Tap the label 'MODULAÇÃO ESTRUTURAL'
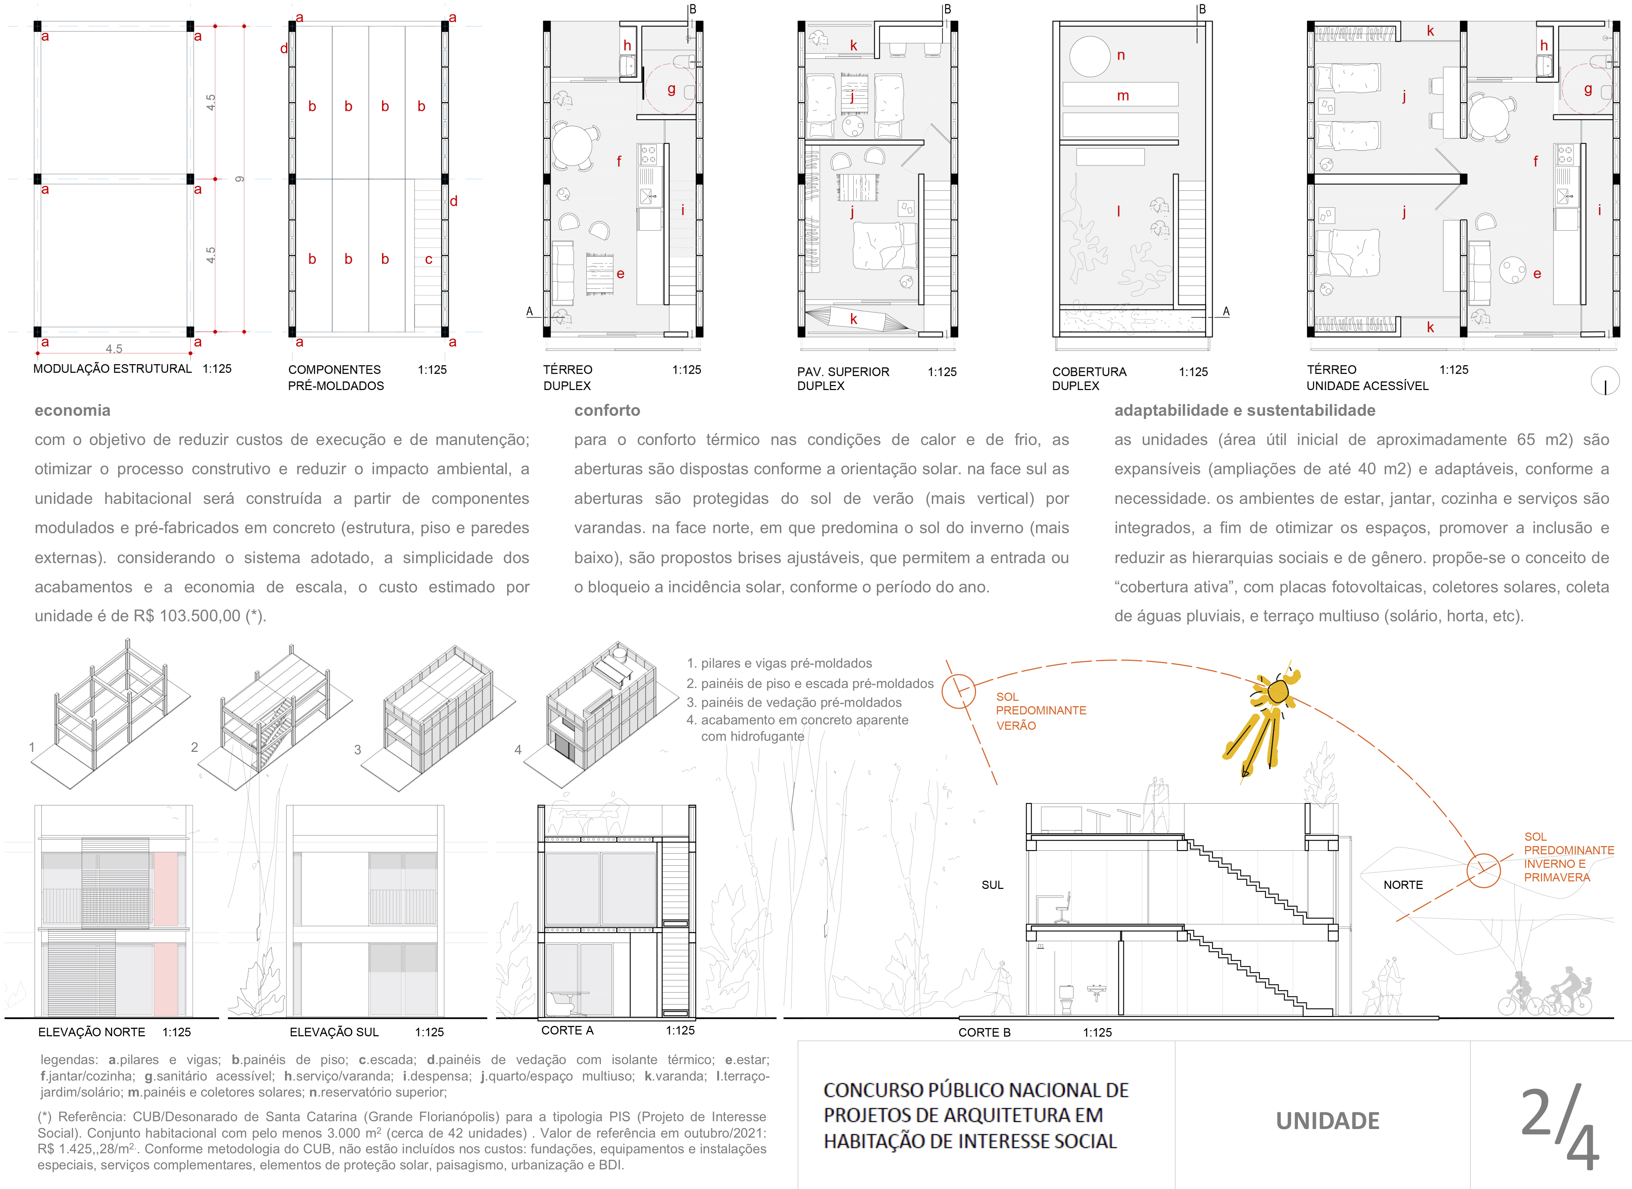[112, 369]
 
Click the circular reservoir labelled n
[1090, 56]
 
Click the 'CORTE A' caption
[567, 1031]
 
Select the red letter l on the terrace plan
[1118, 211]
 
